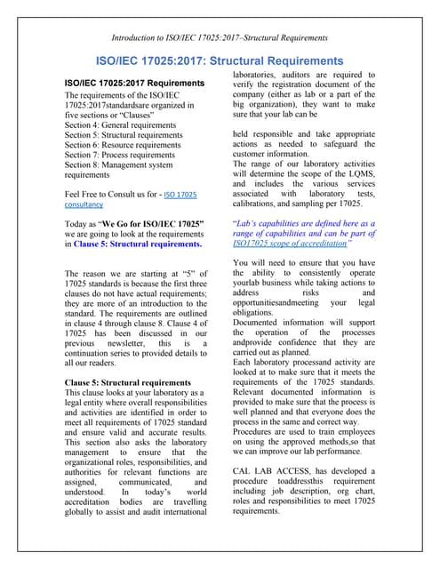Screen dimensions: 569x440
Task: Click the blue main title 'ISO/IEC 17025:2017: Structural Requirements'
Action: pyautogui.click(x=220, y=60)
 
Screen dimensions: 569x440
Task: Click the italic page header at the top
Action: pyautogui.click(x=220, y=36)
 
